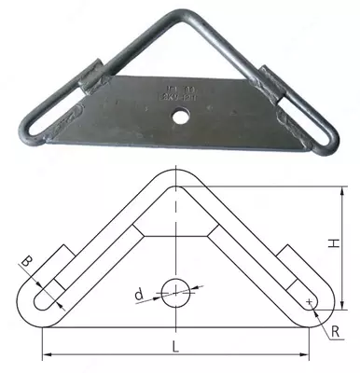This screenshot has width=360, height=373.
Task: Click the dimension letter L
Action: point(176,347)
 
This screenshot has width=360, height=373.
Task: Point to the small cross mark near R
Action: point(307,301)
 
